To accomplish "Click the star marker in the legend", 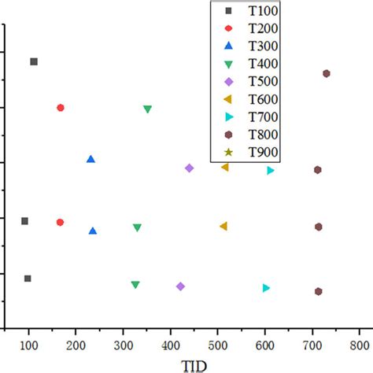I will coord(229,153).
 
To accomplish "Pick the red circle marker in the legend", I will coord(229,28).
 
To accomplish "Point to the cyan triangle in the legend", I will coord(229,117).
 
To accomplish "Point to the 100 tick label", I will coord(29,343).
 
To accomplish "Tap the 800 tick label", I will coord(360,343).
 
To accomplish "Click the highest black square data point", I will coord(34,61).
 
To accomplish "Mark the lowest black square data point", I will coord(28,279).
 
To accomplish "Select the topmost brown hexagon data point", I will coord(327,73).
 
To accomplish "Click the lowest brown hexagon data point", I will coord(319,291).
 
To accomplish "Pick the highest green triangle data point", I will coord(148,109).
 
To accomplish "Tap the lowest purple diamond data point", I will coord(181,286).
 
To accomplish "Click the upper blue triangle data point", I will coord(90,159).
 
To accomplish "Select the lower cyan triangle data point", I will coord(267,288).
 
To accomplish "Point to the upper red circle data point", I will coord(61,108).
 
